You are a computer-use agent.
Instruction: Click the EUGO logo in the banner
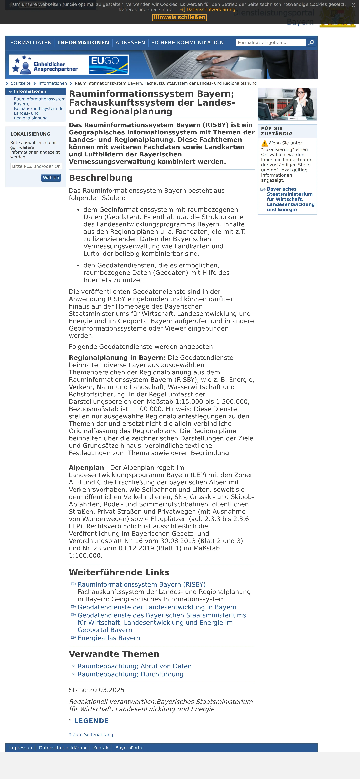[x=109, y=64]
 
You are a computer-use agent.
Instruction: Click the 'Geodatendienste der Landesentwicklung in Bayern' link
[x=157, y=607]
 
